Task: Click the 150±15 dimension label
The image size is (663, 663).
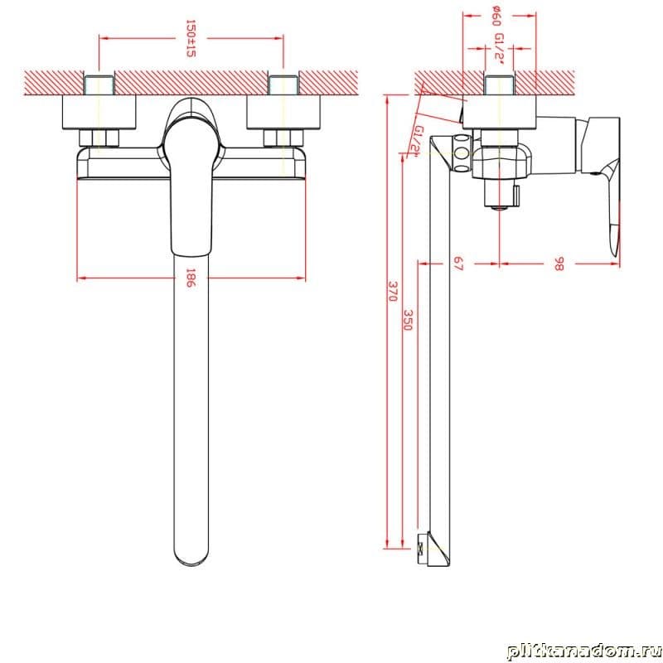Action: [x=191, y=38]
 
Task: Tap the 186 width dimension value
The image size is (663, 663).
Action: [x=191, y=278]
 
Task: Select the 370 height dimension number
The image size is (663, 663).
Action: [x=392, y=292]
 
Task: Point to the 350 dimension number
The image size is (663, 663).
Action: [x=408, y=320]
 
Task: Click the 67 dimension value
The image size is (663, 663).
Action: [x=458, y=264]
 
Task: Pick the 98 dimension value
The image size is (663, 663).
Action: [x=559, y=264]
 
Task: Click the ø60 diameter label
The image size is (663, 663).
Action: [x=497, y=16]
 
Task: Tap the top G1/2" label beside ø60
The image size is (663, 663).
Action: [x=500, y=49]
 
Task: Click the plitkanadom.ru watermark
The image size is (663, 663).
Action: [x=584, y=651]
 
